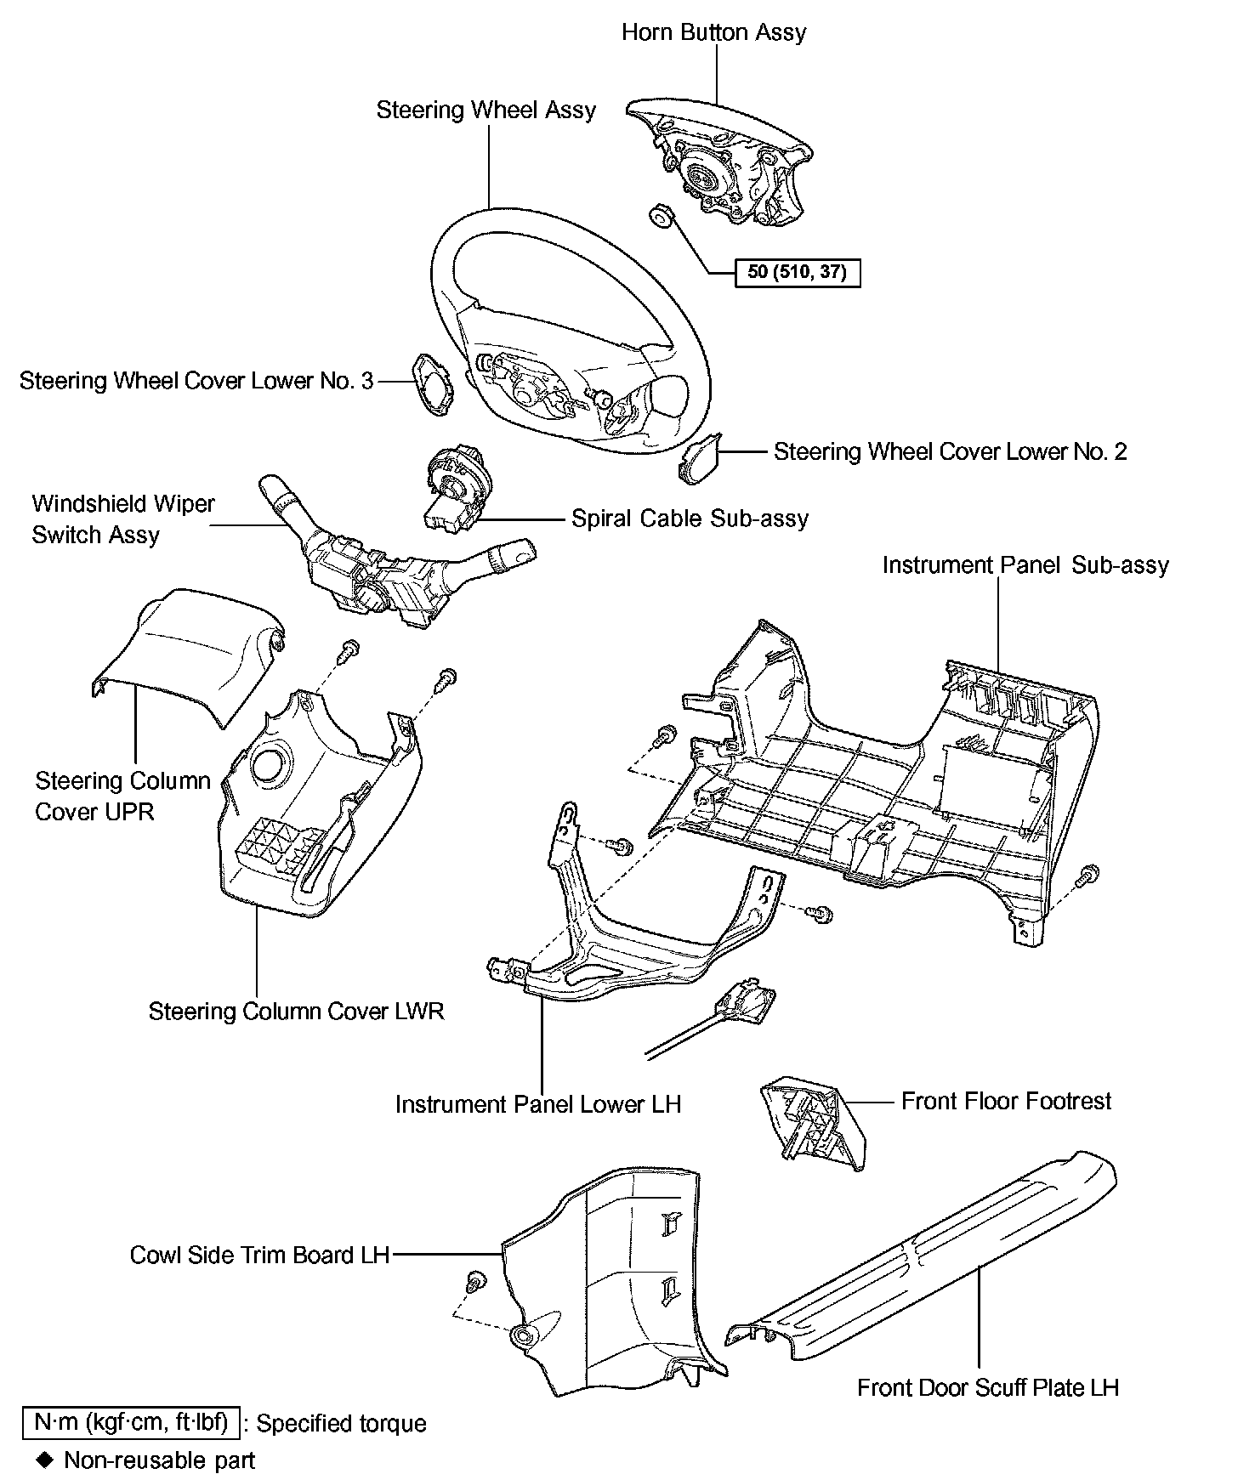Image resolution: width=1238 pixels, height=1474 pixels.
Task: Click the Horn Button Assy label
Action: [x=713, y=32]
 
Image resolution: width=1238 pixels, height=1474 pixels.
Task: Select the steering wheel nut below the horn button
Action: [x=659, y=217]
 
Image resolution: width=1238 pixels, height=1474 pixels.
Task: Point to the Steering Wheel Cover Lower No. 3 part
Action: [x=434, y=384]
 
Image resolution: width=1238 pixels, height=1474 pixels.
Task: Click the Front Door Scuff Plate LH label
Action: [x=987, y=1387]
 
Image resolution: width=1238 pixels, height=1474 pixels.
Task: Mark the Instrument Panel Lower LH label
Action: [x=538, y=1104]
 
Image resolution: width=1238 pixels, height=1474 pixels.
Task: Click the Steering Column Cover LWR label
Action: [x=296, y=1011]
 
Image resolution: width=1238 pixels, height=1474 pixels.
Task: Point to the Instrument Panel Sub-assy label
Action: [x=1025, y=565]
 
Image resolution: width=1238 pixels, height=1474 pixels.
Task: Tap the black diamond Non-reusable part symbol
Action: [x=45, y=1460]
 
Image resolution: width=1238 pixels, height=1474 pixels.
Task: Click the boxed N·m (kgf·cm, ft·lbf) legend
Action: [x=131, y=1422]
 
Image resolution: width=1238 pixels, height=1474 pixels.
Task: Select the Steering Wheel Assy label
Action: [x=486, y=110]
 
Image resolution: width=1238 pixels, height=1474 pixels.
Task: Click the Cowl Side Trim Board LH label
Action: [x=259, y=1255]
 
